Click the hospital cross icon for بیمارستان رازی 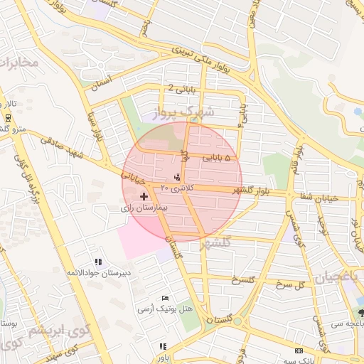click(x=144, y=196)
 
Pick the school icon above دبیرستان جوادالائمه click(x=97, y=262)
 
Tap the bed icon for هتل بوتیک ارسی click(x=166, y=297)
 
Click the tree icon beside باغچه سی click(x=361, y=313)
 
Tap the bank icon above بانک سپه click(x=299, y=350)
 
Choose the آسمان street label click(x=99, y=84)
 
